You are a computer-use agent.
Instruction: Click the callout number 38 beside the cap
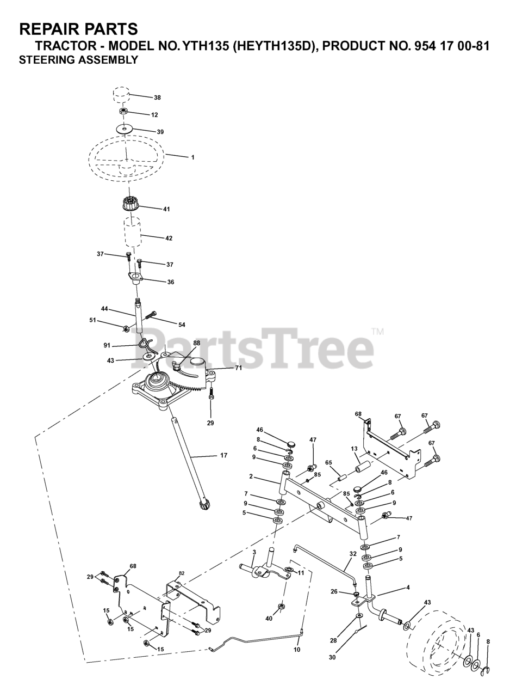pos(157,98)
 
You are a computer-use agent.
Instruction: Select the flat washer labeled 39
pos(125,129)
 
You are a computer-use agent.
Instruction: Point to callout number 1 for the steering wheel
pos(192,157)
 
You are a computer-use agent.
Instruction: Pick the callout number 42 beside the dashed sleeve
pos(169,238)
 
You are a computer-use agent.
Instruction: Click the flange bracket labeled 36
pos(135,279)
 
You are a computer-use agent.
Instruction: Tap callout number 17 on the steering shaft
pos(223,455)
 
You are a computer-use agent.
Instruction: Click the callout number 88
pos(196,344)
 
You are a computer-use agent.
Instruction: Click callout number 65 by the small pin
pos(328,462)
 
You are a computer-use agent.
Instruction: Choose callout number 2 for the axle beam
pos(251,476)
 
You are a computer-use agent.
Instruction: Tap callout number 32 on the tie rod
pos(353,553)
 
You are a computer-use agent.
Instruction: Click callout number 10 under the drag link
pos(296,650)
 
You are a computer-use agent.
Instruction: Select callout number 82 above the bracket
pos(182,574)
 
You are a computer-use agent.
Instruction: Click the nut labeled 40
pos(282,606)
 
